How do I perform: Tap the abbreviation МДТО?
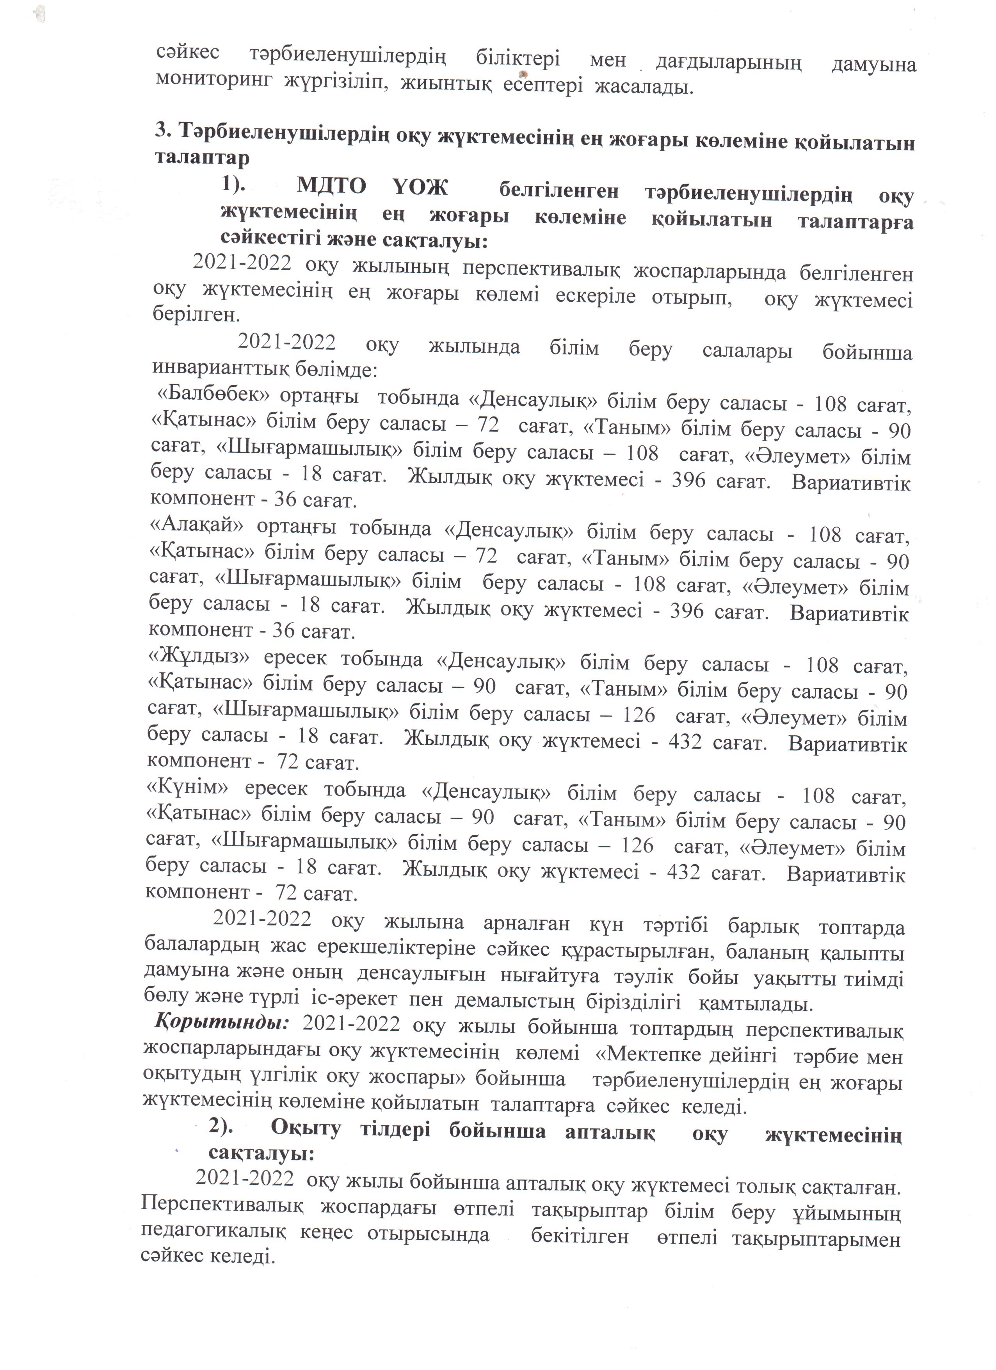[331, 187]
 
